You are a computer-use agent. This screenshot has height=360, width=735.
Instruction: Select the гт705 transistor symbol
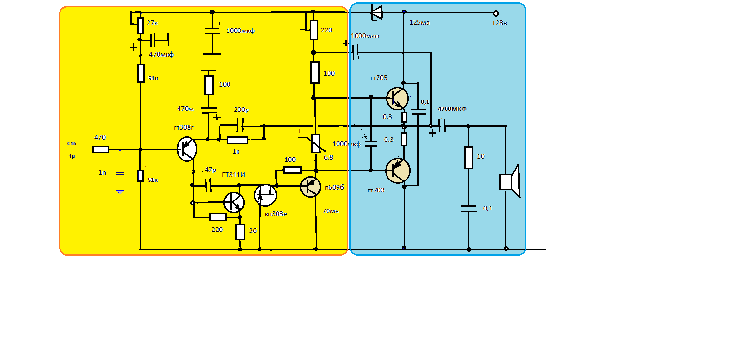point(397,99)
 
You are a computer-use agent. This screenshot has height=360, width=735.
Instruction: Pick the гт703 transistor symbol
point(397,170)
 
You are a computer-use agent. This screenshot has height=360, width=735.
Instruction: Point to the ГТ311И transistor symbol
point(233,202)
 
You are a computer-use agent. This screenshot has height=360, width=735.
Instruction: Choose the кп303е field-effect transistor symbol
point(265,194)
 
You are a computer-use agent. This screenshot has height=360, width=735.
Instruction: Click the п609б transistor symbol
point(312,186)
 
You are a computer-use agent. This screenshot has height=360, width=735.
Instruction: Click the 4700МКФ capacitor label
point(452,109)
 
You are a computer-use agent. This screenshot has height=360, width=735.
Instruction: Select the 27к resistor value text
point(153,23)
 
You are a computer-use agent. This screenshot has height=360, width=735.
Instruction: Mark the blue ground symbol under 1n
point(120,191)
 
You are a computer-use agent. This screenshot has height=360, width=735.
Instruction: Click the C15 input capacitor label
point(71,143)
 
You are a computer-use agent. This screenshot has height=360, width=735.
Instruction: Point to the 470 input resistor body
point(100,150)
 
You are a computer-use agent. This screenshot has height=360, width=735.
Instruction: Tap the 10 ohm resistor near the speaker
point(468,158)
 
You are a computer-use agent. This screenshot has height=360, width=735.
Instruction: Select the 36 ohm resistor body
point(240,232)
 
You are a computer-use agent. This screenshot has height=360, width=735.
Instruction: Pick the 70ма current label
point(330,211)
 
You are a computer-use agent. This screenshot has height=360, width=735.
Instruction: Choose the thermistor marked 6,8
point(315,143)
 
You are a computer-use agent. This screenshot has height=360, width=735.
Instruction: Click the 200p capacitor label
point(241,110)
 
